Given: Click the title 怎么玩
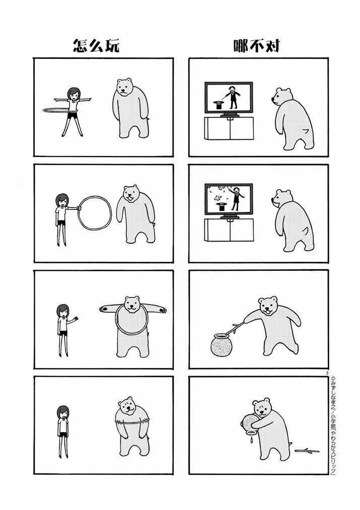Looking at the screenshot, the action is (x=96, y=45).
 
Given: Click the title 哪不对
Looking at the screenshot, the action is (x=257, y=45).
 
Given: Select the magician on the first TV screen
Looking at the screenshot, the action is (x=232, y=97).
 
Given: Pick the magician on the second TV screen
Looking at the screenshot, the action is (x=237, y=199).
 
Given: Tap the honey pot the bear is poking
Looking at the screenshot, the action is (x=222, y=344).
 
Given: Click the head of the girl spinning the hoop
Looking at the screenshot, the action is (x=74, y=94).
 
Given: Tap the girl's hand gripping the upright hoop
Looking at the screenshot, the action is (x=79, y=207).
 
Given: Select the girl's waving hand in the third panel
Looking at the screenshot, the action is (x=76, y=318).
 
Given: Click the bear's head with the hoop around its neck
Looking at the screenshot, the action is (x=132, y=304).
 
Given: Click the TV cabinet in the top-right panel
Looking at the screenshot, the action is (x=229, y=128).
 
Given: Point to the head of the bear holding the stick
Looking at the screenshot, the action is (x=268, y=306).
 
